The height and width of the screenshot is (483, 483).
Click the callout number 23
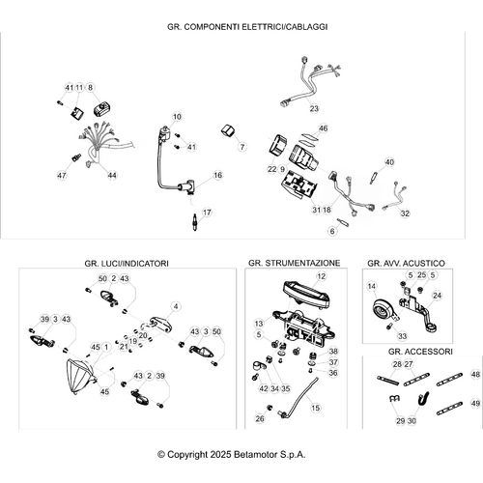point(314,108)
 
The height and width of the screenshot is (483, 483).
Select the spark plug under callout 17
point(194,221)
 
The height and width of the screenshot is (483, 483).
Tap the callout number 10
point(177,117)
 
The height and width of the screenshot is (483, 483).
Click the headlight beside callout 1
point(79,377)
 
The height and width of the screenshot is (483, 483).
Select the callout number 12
point(322,276)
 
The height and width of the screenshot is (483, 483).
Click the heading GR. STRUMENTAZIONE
point(294,263)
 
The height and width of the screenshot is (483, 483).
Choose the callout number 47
point(62,176)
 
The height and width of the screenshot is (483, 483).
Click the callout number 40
point(389,162)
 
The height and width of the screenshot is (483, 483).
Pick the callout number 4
point(176,306)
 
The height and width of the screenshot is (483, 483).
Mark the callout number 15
point(315,408)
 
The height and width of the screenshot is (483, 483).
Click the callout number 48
point(475,374)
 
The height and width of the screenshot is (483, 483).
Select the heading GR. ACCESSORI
point(420,352)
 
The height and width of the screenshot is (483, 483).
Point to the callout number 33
point(403,336)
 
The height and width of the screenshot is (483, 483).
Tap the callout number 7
point(242,147)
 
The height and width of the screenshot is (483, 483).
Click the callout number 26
point(260,418)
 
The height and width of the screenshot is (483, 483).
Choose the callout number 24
point(437,296)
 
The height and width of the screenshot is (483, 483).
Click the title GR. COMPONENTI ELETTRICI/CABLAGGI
point(247,27)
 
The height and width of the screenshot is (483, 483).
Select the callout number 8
point(90,87)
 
